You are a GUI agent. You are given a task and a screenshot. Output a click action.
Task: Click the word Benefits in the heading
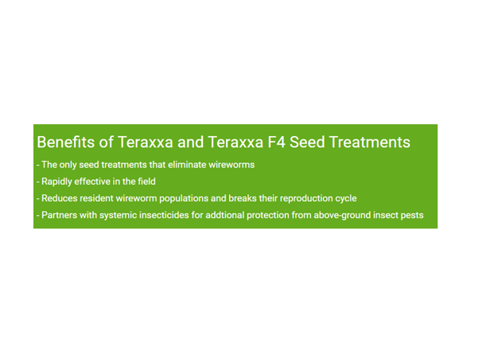point(66,142)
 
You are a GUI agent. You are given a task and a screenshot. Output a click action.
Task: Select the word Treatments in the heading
point(370,142)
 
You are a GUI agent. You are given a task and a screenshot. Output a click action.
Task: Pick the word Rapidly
point(56,182)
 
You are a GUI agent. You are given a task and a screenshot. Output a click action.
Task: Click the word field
point(146,182)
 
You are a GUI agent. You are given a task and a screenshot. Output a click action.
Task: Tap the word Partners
point(59,215)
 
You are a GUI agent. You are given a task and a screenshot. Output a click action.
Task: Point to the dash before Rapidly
point(38,182)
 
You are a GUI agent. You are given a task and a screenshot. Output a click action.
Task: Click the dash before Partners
point(38,216)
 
